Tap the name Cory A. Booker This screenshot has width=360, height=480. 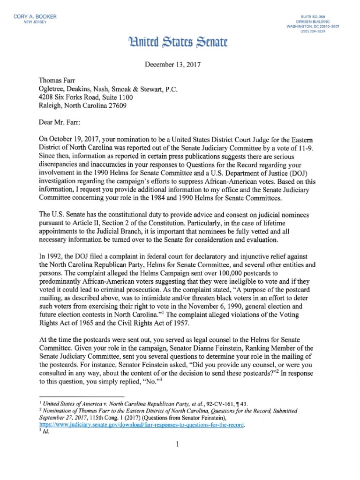pyautogui.click(x=36, y=17)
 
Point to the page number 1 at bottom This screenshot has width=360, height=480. pyautogui.click(x=178, y=445)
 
